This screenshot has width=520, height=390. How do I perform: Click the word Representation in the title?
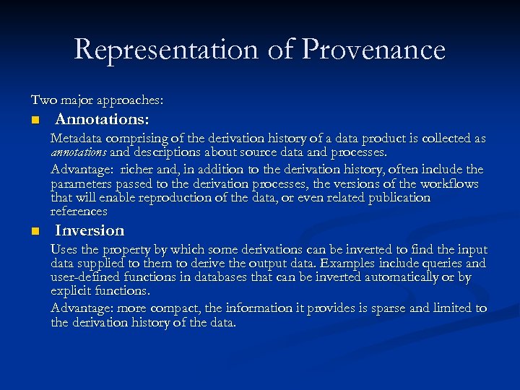(x=165, y=50)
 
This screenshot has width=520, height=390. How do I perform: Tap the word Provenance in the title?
(x=373, y=50)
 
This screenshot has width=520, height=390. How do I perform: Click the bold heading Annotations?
(x=103, y=118)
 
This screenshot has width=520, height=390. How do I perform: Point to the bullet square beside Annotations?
(x=34, y=118)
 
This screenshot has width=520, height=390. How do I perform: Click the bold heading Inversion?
(x=90, y=230)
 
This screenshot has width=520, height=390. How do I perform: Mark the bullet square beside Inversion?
(x=34, y=231)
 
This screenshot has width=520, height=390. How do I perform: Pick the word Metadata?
(x=76, y=138)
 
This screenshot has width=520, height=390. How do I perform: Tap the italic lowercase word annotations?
(x=79, y=153)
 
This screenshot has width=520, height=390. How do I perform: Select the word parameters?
(x=82, y=184)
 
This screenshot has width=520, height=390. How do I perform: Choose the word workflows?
(x=451, y=184)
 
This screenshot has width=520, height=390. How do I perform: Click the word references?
(x=79, y=212)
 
